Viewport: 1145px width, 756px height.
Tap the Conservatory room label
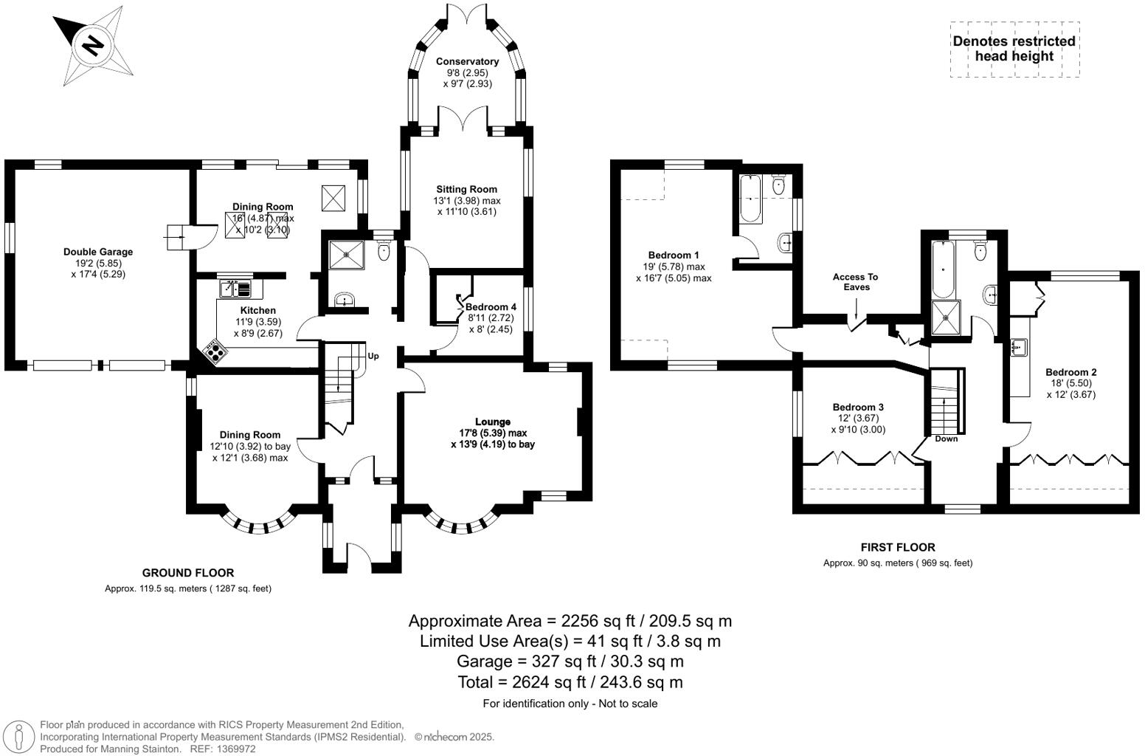click(467, 62)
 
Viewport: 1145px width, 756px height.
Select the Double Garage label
click(98, 252)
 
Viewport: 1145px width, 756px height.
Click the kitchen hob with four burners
click(214, 351)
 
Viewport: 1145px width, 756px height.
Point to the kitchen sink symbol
click(235, 287)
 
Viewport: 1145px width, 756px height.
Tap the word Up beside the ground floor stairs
click(373, 357)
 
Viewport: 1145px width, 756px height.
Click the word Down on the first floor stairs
click(946, 439)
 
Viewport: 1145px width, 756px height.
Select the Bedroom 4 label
click(491, 307)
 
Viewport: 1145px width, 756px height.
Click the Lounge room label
click(493, 422)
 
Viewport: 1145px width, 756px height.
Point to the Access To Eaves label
click(856, 282)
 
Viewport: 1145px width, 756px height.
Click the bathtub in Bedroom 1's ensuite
click(750, 199)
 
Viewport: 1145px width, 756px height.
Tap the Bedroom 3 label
click(858, 408)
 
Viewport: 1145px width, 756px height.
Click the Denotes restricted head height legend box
click(1014, 49)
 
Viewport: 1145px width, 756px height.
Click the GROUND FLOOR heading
click(188, 573)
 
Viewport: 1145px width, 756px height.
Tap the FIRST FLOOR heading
click(898, 548)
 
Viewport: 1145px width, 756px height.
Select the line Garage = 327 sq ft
click(570, 661)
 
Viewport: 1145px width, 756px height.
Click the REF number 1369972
click(233, 749)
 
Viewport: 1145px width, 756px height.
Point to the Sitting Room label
click(466, 190)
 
